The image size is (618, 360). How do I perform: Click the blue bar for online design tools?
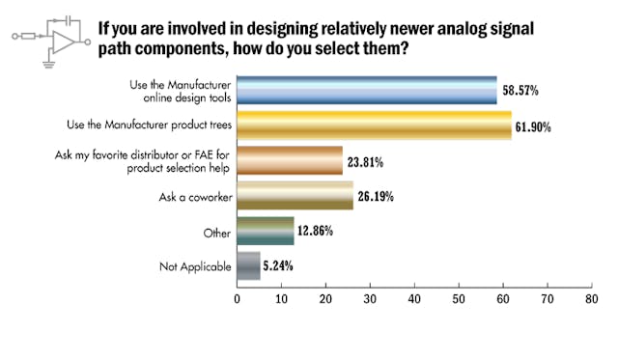click(367, 90)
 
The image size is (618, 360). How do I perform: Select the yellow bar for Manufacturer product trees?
click(375, 125)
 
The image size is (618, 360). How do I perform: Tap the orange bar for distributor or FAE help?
click(290, 158)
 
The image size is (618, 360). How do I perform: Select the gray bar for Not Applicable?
click(248, 264)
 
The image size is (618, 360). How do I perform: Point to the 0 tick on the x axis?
click(238, 299)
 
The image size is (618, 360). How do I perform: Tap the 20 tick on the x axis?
click(325, 299)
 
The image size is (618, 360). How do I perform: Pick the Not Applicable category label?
click(197, 265)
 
